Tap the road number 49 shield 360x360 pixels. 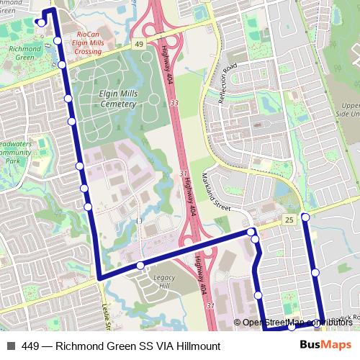(x=138, y=44)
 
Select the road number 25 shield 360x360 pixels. (x=289, y=219)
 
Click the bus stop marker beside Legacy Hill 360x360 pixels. (x=140, y=266)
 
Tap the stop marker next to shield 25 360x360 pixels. (x=305, y=217)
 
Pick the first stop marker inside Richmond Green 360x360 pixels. (x=41, y=22)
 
